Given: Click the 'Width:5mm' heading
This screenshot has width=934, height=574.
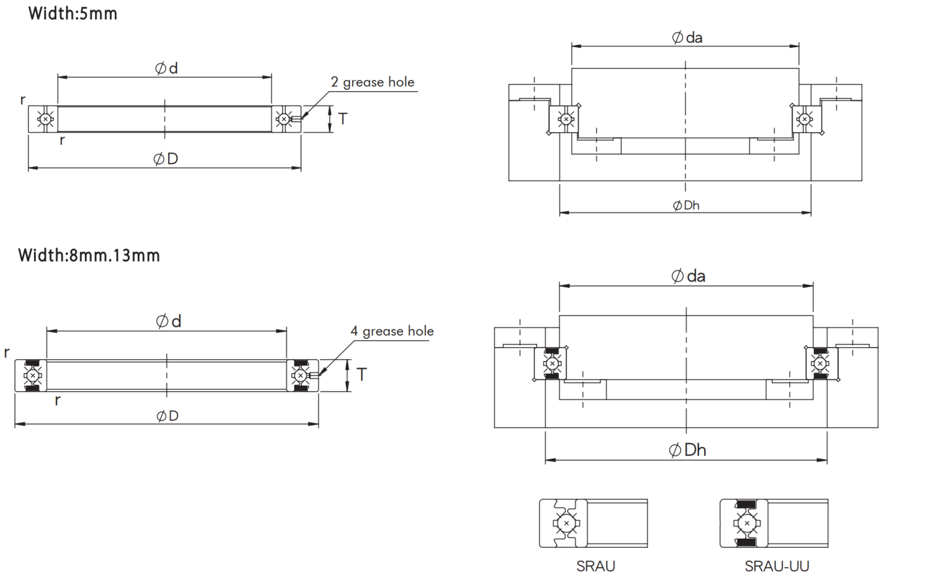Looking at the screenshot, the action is click(72, 14).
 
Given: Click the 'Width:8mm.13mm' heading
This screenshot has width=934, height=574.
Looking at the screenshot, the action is click(89, 255).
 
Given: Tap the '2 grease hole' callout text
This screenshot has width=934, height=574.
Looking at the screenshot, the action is click(372, 82).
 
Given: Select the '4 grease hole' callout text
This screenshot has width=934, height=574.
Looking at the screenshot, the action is click(392, 331).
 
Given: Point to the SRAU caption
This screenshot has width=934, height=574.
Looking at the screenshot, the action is click(595, 566).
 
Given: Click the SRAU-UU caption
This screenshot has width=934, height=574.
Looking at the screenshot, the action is click(777, 566).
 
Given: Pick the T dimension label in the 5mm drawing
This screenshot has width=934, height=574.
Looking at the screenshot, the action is click(343, 119).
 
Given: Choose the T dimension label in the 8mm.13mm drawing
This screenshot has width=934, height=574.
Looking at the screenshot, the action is click(362, 374).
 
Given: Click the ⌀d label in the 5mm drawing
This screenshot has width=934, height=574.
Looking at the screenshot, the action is click(166, 68).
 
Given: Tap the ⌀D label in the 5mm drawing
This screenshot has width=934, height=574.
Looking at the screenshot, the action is click(166, 159).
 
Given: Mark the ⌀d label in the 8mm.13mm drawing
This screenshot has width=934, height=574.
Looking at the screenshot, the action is click(168, 321).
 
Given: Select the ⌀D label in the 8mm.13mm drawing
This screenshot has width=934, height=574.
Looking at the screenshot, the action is click(167, 416).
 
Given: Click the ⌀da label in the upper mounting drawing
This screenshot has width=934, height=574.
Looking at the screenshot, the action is click(687, 38).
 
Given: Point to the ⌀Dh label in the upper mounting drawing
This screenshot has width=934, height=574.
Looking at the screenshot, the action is click(686, 206).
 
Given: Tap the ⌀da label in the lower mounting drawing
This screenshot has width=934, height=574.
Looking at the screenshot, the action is click(688, 276).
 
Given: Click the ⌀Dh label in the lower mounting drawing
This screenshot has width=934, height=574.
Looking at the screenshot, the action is click(687, 450).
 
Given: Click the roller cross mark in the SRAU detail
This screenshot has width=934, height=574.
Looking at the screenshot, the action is click(566, 524).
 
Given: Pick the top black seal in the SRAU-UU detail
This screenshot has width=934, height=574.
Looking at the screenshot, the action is click(745, 504).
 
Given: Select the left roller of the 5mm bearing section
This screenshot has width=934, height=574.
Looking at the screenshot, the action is click(45, 119).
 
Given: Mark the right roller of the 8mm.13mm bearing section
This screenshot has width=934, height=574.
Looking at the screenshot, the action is click(300, 375).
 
